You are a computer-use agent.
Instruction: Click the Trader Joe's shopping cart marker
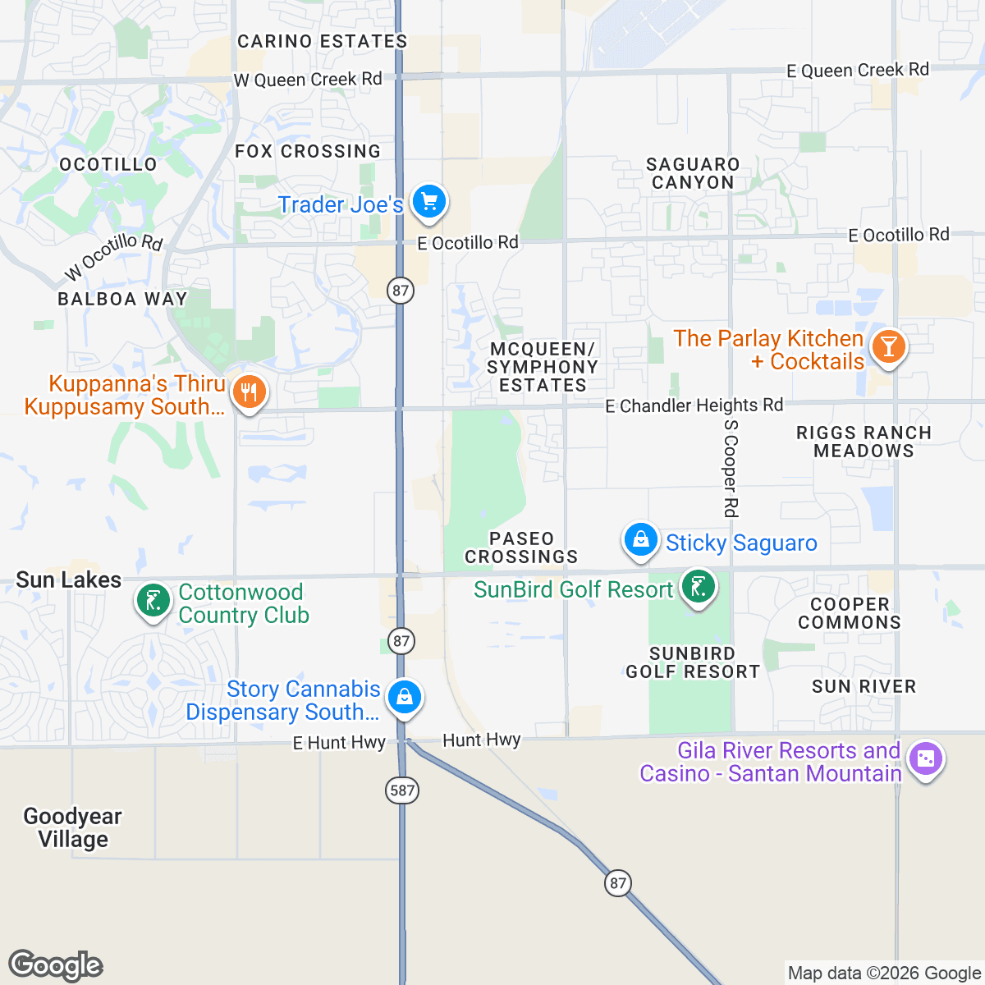[428, 201]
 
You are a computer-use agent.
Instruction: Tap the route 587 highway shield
[402, 790]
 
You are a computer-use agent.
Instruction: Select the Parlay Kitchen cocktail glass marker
[888, 346]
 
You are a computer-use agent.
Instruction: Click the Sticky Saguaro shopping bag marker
[640, 539]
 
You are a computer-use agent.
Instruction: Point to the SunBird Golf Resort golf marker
[698, 587]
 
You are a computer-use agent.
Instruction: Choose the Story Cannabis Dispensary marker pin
[404, 697]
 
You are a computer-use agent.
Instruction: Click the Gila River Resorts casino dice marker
[926, 758]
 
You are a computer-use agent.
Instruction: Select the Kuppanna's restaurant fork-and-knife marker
[249, 392]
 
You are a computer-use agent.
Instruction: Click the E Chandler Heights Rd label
[694, 405]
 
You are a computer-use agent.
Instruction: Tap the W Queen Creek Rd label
[308, 80]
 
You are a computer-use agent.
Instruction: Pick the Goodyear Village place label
[73, 827]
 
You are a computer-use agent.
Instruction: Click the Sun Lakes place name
[69, 580]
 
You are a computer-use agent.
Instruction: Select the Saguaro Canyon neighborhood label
[693, 173]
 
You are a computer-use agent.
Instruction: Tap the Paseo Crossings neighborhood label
[521, 547]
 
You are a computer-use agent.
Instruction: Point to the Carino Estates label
[322, 41]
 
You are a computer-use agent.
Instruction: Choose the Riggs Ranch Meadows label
[864, 442]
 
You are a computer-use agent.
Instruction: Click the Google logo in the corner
[56, 965]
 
